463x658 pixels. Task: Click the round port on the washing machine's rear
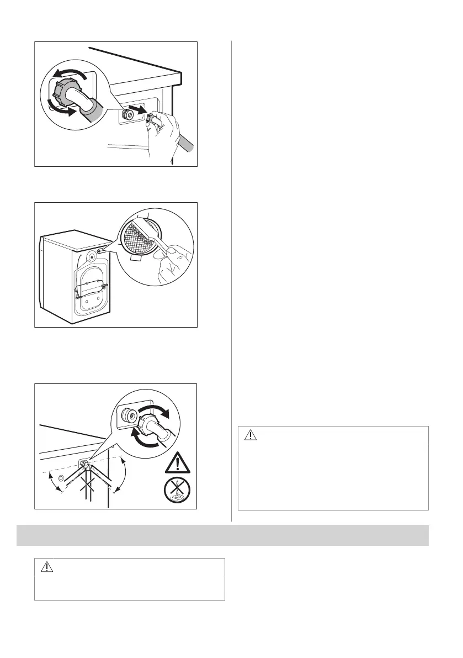[91, 256]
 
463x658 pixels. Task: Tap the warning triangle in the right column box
[251, 435]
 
